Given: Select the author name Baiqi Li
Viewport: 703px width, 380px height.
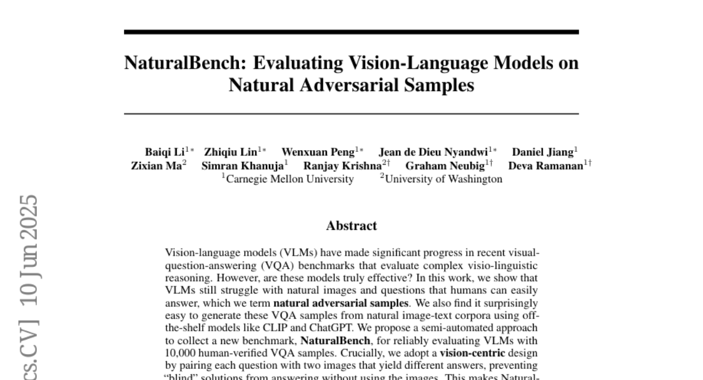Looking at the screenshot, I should (165, 153).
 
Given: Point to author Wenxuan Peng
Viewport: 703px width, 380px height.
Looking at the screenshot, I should (318, 153).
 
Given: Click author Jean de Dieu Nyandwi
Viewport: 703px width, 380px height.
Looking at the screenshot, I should (433, 153).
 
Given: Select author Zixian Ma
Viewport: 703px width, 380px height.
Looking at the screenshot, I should (155, 166).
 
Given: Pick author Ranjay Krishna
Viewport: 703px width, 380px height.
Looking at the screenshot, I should (342, 166).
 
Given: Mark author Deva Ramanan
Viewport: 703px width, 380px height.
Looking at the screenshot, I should (545, 166).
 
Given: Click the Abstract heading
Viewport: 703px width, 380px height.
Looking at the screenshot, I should (351, 226).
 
